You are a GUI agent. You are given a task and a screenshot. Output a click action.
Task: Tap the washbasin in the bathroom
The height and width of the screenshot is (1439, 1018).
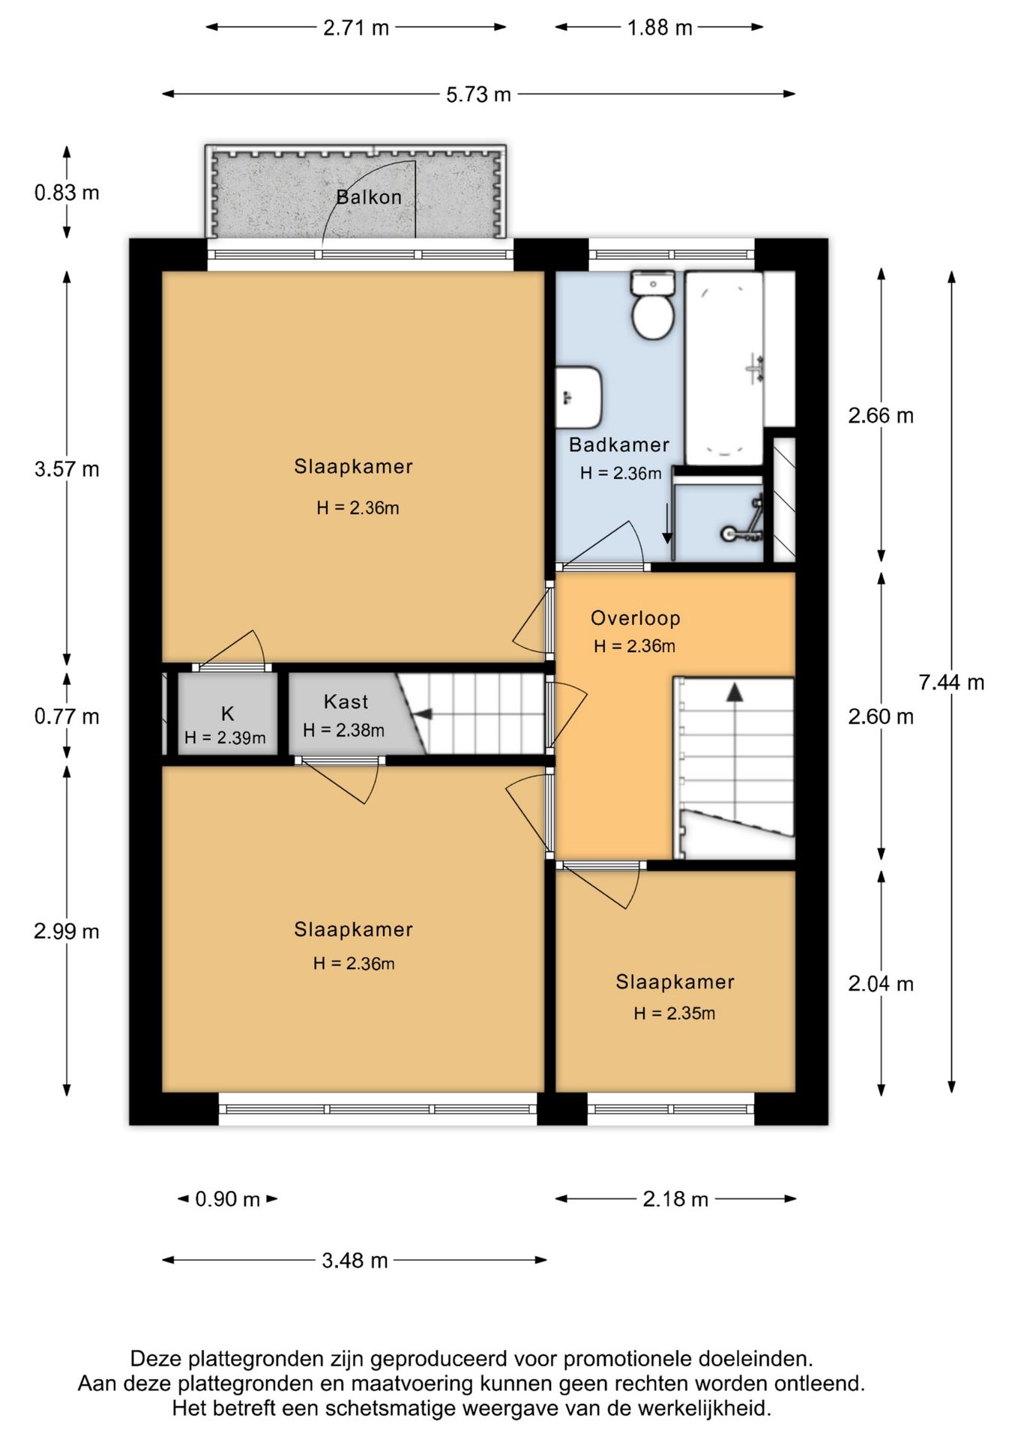tap(579, 396)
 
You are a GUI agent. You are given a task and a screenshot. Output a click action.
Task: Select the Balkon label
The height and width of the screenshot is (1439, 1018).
tap(369, 197)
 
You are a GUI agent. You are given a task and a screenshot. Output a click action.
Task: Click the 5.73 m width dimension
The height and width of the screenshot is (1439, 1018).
tap(478, 94)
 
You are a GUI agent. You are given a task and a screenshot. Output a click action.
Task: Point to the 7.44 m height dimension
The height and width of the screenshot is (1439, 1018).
tap(951, 682)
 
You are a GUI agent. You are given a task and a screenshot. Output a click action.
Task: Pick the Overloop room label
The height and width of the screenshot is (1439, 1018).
tap(636, 618)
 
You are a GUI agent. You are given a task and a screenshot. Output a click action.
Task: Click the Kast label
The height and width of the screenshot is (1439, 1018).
tap(346, 702)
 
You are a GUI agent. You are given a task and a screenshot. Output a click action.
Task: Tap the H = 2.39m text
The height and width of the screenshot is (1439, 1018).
tap(225, 737)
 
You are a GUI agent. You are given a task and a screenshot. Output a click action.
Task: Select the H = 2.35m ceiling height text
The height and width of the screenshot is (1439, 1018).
tap(674, 1013)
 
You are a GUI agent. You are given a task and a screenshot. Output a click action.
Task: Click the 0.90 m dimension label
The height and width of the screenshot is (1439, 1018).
tap(227, 1199)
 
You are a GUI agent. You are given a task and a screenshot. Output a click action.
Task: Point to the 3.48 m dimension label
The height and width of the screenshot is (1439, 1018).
tap(355, 1261)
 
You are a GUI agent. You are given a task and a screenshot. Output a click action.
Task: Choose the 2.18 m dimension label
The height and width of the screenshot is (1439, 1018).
tap(675, 1199)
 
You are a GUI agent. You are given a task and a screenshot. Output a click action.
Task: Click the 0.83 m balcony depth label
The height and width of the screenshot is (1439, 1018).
tap(67, 193)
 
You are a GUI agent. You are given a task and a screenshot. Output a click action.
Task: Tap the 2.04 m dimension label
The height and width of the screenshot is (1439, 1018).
tap(881, 983)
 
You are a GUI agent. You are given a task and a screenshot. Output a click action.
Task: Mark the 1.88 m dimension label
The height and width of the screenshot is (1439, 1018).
tap(660, 28)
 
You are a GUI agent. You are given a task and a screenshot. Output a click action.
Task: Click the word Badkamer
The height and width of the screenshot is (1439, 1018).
tap(619, 444)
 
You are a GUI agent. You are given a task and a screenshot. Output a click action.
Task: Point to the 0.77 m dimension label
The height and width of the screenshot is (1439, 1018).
tap(67, 717)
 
